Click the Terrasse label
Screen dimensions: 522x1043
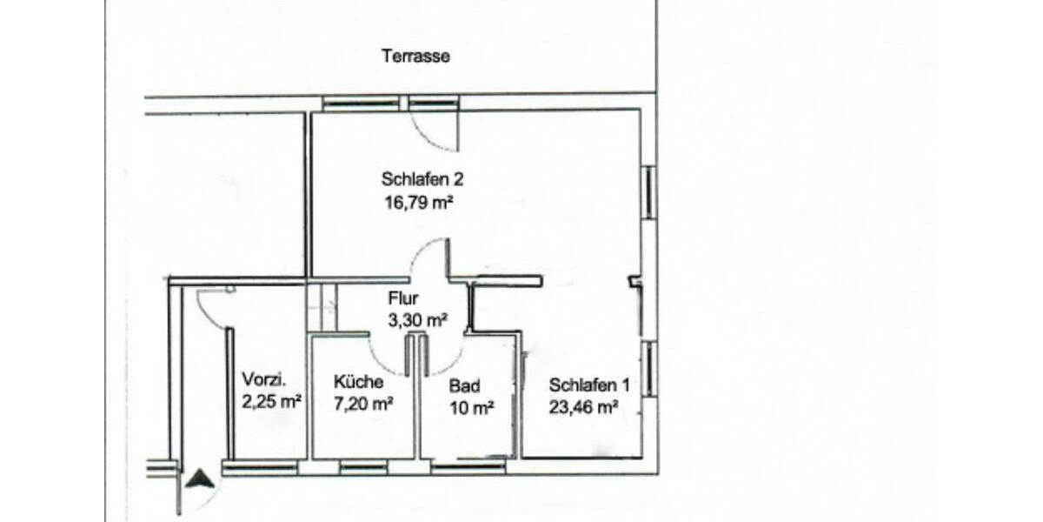(x=415, y=57)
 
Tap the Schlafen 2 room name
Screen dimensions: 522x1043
(x=422, y=180)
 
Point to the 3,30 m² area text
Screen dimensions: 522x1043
(x=417, y=320)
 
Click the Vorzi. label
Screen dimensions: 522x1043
(x=264, y=380)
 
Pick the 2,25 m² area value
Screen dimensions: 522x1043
(x=272, y=401)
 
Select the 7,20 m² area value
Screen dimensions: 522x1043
(x=363, y=403)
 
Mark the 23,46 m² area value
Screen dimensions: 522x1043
(x=583, y=405)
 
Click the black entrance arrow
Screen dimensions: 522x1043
(x=200, y=478)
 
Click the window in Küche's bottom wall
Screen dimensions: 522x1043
(x=363, y=468)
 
